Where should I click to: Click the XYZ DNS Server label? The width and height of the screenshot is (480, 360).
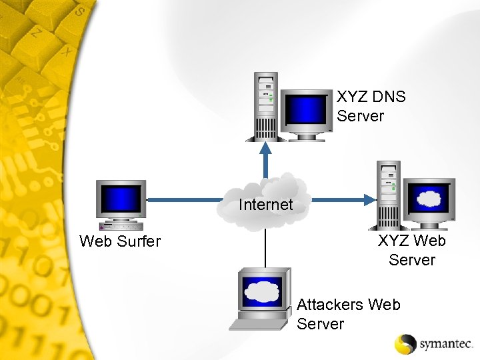(371, 106)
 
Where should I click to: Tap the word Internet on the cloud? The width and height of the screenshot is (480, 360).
(265, 205)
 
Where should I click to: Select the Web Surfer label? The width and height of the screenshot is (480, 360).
(120, 241)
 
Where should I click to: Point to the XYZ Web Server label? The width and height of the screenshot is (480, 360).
(411, 250)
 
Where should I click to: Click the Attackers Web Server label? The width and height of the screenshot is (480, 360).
(348, 314)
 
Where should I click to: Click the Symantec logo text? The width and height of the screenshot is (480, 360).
(446, 344)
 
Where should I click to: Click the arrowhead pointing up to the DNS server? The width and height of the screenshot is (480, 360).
(266, 147)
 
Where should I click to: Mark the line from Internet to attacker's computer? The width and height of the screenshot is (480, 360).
(265, 248)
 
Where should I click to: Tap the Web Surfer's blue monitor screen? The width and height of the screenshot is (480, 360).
(121, 198)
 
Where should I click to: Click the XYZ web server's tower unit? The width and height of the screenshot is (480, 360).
(389, 194)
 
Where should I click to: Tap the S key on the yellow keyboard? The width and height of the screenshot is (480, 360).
(80, 11)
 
